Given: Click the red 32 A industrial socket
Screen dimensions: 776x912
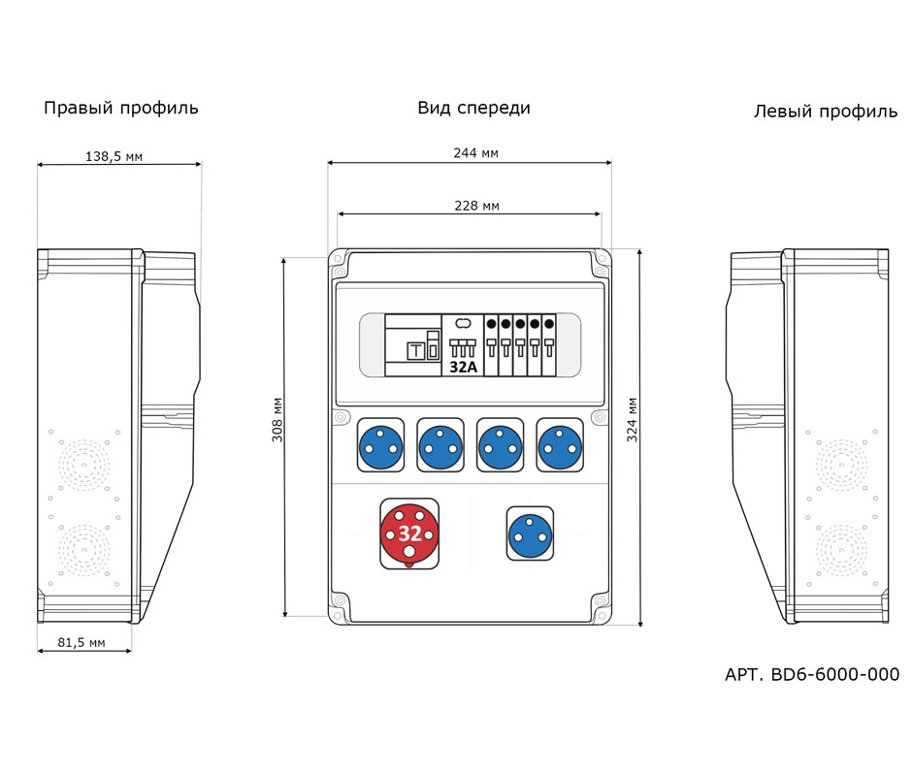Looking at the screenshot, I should (x=409, y=533).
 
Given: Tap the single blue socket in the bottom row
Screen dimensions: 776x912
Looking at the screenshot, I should (x=530, y=533).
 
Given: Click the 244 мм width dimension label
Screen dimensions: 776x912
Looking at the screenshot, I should (x=476, y=152).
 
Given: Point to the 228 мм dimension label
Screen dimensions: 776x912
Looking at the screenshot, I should (x=476, y=205).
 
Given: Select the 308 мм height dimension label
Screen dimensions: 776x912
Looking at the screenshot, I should (x=277, y=420).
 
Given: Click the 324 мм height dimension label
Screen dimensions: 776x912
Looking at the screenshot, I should (x=632, y=420).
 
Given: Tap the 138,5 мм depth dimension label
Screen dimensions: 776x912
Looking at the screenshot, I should (x=114, y=156).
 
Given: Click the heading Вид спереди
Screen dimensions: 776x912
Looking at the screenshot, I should (x=473, y=108).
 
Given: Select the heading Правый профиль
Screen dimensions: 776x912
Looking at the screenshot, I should (x=121, y=108).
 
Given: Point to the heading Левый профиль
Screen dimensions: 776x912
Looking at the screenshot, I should (x=826, y=112).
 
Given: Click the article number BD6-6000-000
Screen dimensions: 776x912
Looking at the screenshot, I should (x=812, y=674).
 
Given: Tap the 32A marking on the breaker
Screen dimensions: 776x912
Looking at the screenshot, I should (x=463, y=368).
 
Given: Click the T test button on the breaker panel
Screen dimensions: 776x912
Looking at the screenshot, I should (x=416, y=351).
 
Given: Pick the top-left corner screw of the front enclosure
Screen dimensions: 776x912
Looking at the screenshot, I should (x=339, y=259).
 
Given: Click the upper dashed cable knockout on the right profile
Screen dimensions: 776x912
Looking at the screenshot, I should (x=82, y=463).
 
